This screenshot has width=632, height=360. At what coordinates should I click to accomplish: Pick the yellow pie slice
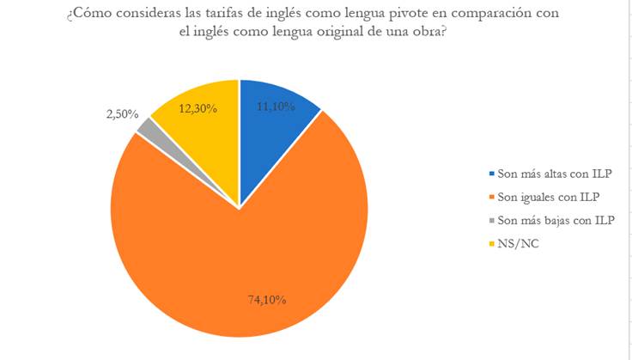(202, 137)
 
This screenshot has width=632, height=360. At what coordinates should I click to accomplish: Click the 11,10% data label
(276, 107)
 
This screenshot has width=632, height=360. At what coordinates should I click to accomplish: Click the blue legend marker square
(489, 173)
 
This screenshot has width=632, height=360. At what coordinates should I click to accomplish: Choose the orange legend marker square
(489, 197)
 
